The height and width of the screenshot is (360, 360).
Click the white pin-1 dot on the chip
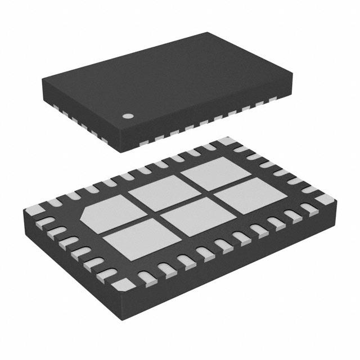[128, 116]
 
